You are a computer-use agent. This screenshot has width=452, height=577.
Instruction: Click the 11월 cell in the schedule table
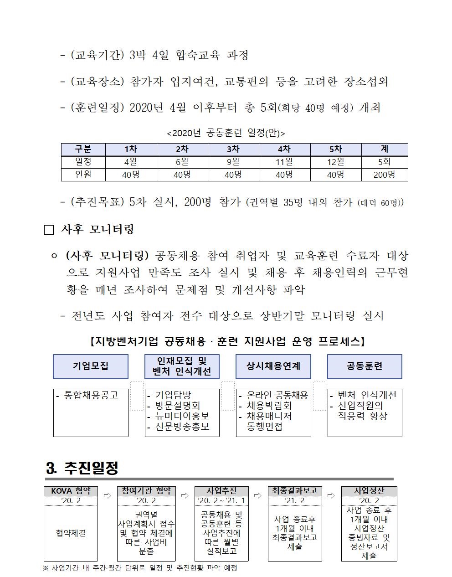[284, 162]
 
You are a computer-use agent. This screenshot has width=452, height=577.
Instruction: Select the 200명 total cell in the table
[384, 175]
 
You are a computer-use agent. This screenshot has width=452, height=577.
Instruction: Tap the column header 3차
[233, 149]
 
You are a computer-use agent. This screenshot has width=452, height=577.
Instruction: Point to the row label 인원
[83, 175]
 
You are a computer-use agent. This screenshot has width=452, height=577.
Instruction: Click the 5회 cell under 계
[384, 162]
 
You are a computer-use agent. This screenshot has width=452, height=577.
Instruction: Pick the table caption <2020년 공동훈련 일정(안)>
[226, 133]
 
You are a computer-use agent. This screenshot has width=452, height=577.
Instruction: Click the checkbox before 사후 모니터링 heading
[49, 230]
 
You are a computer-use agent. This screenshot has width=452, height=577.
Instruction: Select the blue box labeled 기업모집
[91, 366]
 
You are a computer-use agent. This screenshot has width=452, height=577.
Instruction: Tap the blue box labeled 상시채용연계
[273, 366]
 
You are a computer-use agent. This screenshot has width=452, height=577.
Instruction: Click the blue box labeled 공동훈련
[365, 366]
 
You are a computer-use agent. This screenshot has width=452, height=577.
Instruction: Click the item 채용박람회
[269, 406]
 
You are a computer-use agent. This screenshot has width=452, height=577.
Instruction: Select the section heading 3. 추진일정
[82, 468]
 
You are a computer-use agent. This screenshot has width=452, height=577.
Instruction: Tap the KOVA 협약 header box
[71, 491]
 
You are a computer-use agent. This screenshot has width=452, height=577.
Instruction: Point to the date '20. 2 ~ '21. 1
[222, 501]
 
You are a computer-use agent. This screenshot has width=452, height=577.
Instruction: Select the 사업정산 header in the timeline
[369, 491]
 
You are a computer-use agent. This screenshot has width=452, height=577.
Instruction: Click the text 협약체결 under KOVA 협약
[71, 533]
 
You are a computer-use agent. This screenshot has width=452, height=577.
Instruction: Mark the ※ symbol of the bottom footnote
[46, 568]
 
